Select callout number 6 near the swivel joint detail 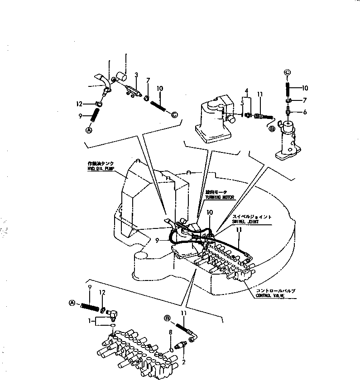tap(305, 112)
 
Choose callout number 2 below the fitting tap(184, 362)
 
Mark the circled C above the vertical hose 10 tap(287, 72)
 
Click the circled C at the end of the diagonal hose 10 tap(175, 114)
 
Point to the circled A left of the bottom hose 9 tap(72, 303)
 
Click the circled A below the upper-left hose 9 tap(89, 130)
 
